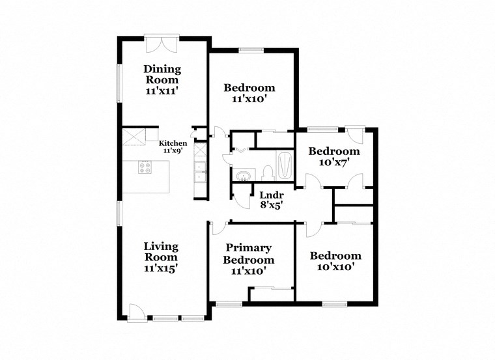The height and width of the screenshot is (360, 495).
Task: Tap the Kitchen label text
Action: coord(173,143)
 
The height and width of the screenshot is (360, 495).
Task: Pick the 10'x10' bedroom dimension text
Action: coord(335,267)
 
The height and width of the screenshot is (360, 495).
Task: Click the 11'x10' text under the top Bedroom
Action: coord(249,100)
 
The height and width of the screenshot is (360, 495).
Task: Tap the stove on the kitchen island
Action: coord(145,167)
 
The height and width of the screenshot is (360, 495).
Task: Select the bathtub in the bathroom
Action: coord(285,165)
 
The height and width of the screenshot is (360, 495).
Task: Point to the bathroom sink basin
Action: coord(244,176)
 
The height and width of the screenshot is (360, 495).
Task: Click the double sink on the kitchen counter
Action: coord(200,173)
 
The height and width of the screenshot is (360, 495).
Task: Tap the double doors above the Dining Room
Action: coord(161,44)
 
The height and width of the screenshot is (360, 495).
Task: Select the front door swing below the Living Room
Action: coord(137,312)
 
